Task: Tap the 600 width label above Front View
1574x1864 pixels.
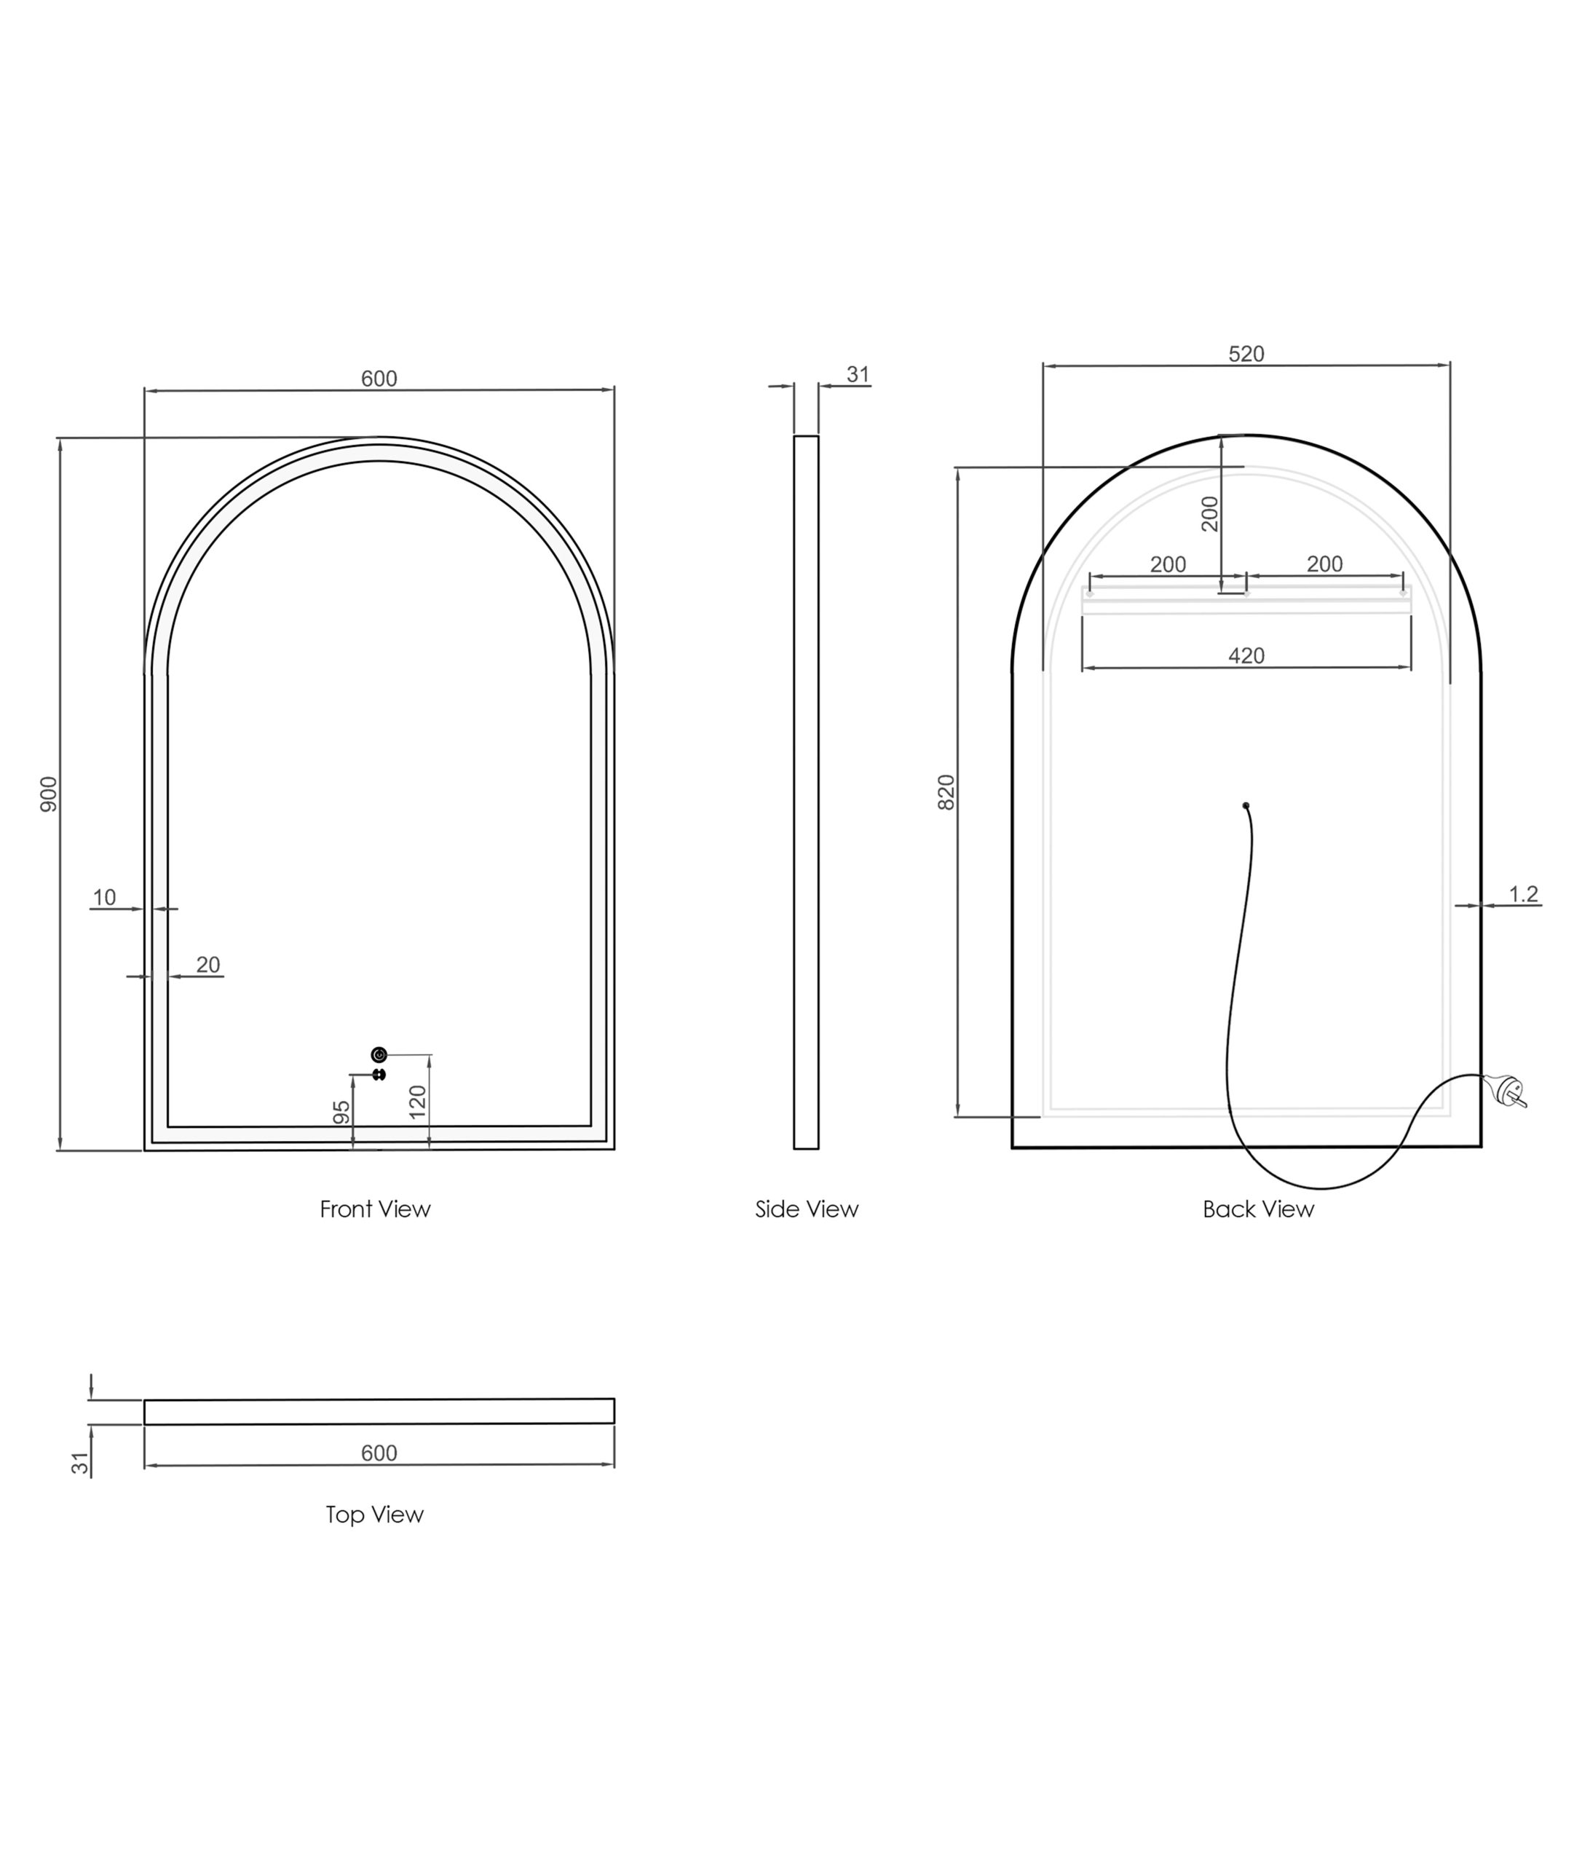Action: [x=379, y=379]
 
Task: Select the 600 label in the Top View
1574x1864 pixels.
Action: [x=379, y=1453]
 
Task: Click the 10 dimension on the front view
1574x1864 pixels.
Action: [x=104, y=897]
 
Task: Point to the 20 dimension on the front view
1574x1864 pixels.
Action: [x=208, y=965]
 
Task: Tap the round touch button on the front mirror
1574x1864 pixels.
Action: [x=379, y=1055]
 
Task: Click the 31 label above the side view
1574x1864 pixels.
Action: [x=858, y=375]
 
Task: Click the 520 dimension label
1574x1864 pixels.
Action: [x=1246, y=355]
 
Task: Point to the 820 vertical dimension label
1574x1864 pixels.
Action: [x=946, y=791]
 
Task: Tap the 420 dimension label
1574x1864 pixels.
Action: [x=1246, y=656]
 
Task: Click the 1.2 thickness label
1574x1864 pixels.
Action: [x=1523, y=893]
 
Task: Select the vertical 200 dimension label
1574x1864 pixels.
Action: [x=1210, y=513]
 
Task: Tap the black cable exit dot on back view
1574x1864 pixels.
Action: [x=1246, y=806]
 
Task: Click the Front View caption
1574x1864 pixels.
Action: [x=375, y=1209]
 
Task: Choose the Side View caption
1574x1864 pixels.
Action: [x=807, y=1209]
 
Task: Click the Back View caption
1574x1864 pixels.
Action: [x=1258, y=1209]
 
